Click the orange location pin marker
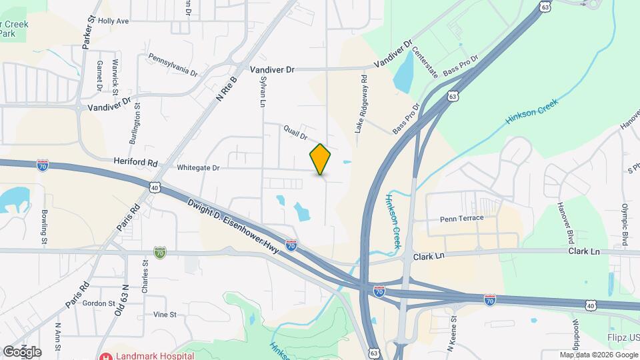click(320, 159)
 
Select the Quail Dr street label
click(295, 133)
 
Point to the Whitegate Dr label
click(198, 168)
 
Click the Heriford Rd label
click(135, 163)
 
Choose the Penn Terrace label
click(461, 219)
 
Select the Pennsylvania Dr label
click(173, 65)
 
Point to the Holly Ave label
click(113, 21)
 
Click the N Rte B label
click(227, 84)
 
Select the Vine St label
click(164, 314)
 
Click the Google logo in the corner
click(22, 351)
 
